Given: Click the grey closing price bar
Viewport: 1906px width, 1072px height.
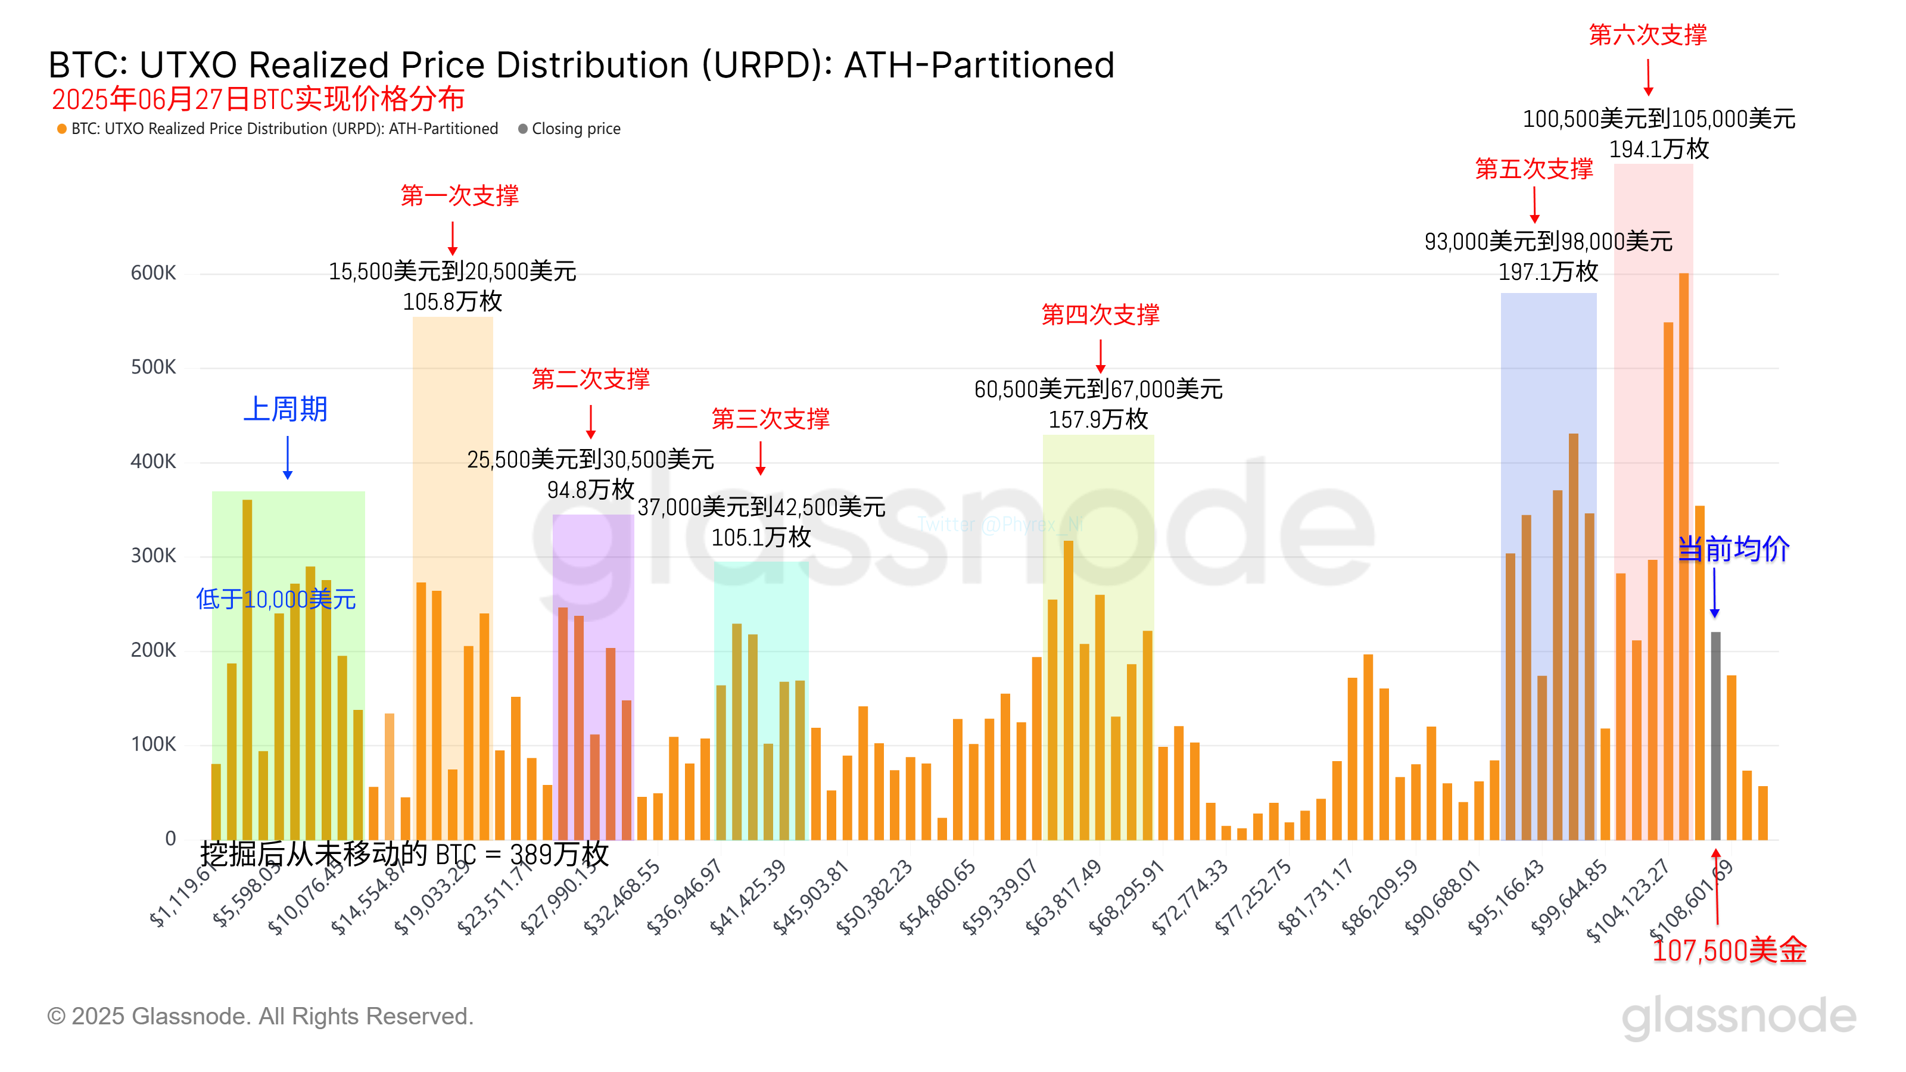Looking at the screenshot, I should (x=1715, y=736).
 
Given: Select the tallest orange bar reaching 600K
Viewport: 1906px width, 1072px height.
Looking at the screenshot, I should (x=1683, y=555).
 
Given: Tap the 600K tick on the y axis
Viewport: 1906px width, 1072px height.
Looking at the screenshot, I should (x=153, y=273).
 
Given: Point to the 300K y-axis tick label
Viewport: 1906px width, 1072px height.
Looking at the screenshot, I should (x=153, y=556).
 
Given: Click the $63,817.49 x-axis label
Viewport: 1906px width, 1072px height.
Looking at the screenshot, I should (x=1064, y=897).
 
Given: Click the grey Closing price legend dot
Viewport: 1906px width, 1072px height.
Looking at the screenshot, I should (x=522, y=129).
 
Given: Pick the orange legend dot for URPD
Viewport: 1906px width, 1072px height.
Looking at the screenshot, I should (x=62, y=129).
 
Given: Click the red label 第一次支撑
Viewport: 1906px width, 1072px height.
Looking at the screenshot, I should (x=459, y=195).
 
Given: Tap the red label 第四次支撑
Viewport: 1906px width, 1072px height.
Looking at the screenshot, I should (x=1100, y=314).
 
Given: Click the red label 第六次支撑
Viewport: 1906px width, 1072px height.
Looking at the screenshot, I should (x=1647, y=35).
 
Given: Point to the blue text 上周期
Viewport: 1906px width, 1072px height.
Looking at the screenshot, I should (x=286, y=409).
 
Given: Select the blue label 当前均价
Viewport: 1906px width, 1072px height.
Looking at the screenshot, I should (x=1733, y=549).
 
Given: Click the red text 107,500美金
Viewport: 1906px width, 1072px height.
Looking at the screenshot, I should (x=1729, y=951).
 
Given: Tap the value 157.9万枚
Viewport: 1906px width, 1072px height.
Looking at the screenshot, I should (x=1098, y=419).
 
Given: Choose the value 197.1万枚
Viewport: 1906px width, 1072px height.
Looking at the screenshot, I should (x=1548, y=272).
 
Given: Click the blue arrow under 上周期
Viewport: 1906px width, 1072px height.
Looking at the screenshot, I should (x=288, y=457).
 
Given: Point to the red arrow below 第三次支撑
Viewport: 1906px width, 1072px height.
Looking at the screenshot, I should (x=761, y=458).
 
